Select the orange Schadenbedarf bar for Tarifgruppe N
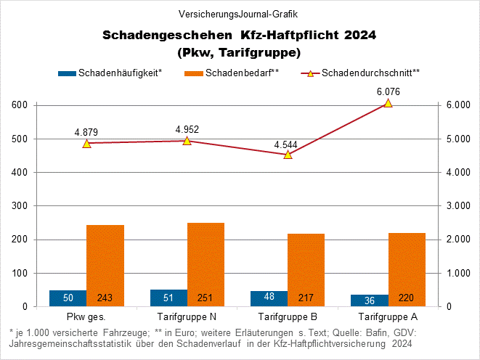point(206,264)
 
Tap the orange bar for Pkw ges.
point(105,266)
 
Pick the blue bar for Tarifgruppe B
point(269,298)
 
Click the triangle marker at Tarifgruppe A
point(388,103)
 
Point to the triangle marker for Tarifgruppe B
point(288,154)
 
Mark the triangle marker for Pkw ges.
point(86,144)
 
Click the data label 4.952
point(187,130)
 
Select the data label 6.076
point(388,91)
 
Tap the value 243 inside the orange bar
point(105,298)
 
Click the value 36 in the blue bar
point(370,299)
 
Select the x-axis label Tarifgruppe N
point(187,317)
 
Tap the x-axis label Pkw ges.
point(86,317)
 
